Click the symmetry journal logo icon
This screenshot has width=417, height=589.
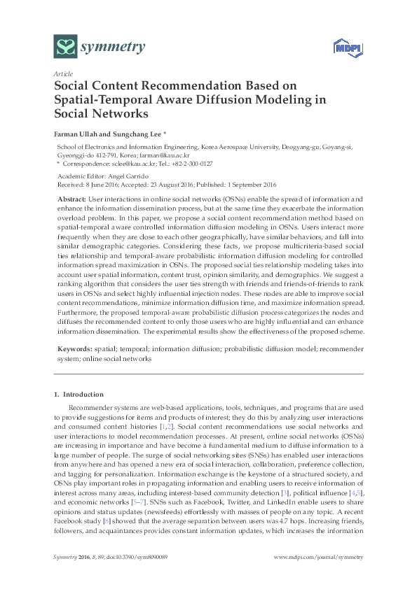click(x=65, y=48)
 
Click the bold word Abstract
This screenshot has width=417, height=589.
click(x=70, y=199)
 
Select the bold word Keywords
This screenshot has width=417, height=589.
click(x=74, y=348)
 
